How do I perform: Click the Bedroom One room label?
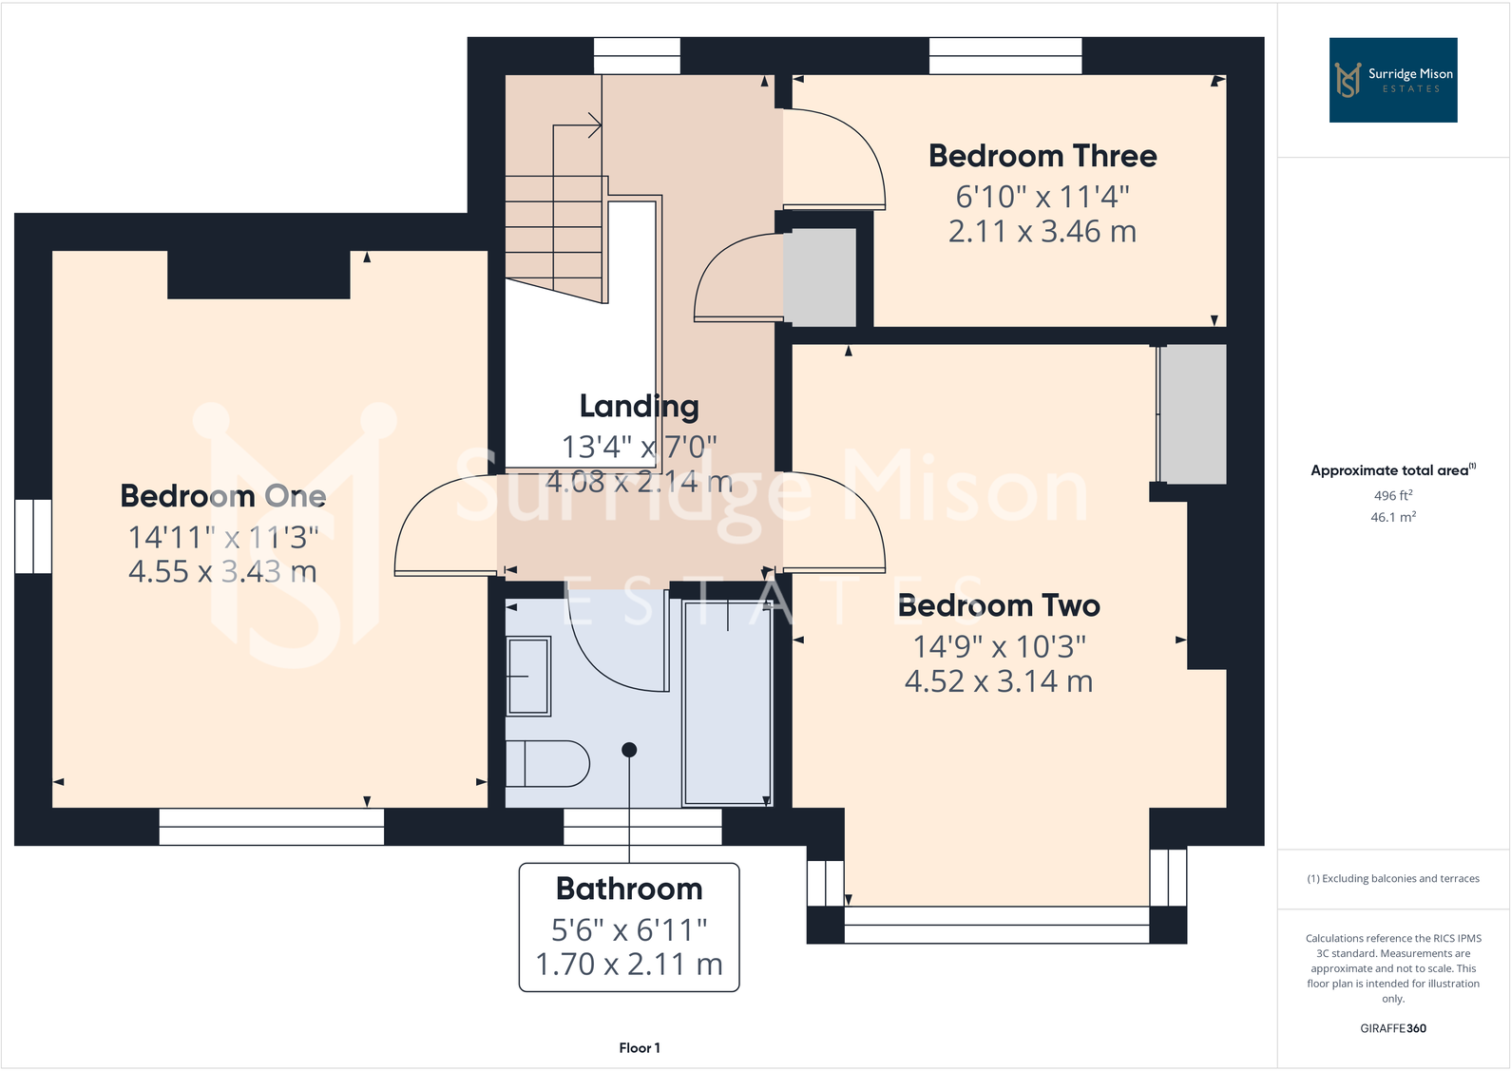click(222, 496)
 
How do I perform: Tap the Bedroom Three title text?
click(1042, 156)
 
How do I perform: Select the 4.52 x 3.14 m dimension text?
click(998, 681)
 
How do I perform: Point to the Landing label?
click(639, 407)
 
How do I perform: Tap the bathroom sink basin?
click(529, 676)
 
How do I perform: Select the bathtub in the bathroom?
click(727, 703)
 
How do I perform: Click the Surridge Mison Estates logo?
click(1392, 80)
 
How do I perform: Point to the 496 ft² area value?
click(1392, 495)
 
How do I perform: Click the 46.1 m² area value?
click(1392, 517)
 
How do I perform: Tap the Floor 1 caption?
click(639, 1047)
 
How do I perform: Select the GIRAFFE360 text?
click(1392, 1028)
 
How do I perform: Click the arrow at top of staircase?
click(595, 124)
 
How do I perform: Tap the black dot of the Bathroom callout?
click(629, 750)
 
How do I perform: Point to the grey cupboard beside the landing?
click(819, 277)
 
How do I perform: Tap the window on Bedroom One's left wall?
click(33, 536)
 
